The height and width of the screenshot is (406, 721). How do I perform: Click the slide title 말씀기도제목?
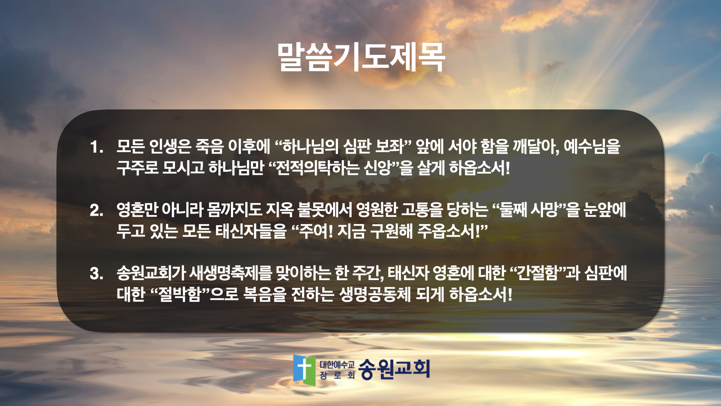[361, 57]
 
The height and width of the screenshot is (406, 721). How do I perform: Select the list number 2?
[97, 210]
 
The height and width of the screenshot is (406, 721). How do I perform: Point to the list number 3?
[97, 273]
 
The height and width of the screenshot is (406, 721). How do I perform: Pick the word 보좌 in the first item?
[389, 146]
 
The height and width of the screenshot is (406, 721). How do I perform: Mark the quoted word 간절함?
[538, 273]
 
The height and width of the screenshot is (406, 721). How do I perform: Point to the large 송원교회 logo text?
[394, 369]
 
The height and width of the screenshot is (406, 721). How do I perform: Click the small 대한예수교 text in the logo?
[337, 364]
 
